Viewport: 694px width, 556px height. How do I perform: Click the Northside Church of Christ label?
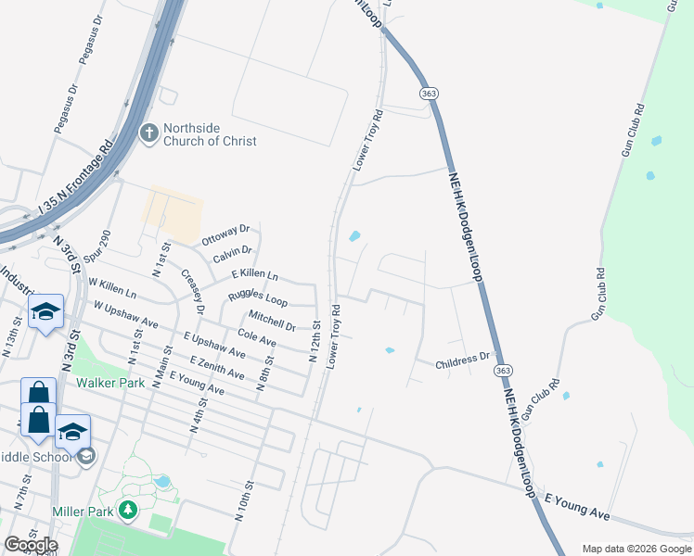(210, 134)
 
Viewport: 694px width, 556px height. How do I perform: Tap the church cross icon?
(148, 134)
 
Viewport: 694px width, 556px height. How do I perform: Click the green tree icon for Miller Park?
(128, 510)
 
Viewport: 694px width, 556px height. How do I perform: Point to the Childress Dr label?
(462, 359)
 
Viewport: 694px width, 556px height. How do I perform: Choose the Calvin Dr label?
(232, 251)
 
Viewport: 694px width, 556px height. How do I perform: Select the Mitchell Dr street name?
(271, 322)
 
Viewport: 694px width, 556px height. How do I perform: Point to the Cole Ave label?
(257, 339)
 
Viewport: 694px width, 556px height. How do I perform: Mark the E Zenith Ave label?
(217, 368)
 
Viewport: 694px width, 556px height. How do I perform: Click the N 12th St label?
(315, 339)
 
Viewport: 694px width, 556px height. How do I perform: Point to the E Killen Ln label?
(253, 275)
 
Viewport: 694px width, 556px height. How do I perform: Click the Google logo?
(31, 544)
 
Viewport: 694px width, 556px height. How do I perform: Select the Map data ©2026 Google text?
(636, 549)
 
